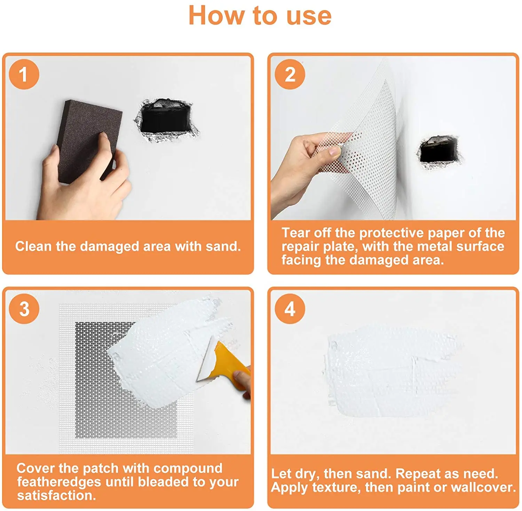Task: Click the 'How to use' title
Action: (260, 16)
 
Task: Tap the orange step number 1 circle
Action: (24, 74)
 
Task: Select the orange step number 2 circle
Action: (290, 74)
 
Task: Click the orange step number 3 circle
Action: (24, 309)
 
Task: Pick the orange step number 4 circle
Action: (290, 309)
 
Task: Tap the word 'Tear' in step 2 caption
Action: (295, 233)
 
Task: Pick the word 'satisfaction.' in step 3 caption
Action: (56, 495)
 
